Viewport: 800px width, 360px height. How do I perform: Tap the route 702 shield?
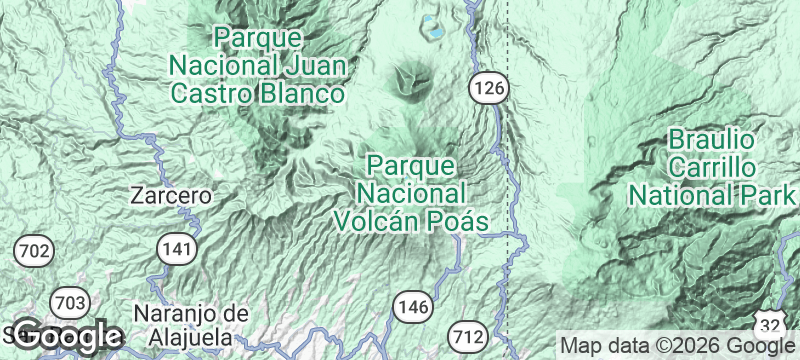(34, 250)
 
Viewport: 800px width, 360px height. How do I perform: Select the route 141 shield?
(175, 250)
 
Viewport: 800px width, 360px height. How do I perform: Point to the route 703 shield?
(70, 302)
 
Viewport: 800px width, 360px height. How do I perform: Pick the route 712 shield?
(468, 333)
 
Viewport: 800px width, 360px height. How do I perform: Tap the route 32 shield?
(770, 327)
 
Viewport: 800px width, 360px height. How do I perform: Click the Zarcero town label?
(171, 196)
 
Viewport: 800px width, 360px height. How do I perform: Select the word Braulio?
(712, 138)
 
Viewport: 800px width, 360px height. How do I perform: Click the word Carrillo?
(712, 165)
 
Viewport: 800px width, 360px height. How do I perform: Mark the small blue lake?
(434, 27)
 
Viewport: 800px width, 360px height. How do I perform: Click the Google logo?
(66, 336)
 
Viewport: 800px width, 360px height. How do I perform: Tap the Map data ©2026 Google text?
(676, 345)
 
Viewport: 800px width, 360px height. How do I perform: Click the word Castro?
(212, 94)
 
